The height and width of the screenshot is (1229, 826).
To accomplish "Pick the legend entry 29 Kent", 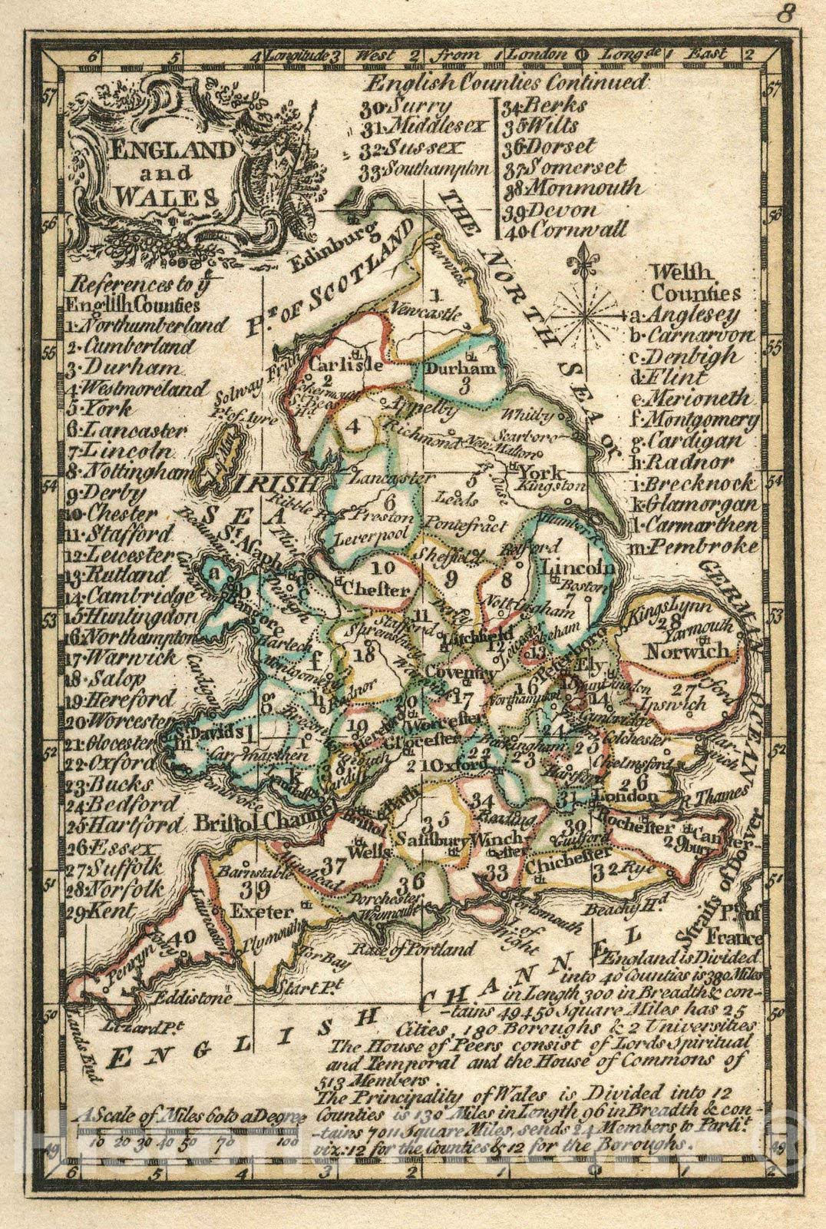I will pyautogui.click(x=111, y=912).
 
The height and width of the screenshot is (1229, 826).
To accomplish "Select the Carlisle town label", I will pyautogui.click(x=344, y=364).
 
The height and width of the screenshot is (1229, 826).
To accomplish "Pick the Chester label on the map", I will pyautogui.click(x=378, y=590).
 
